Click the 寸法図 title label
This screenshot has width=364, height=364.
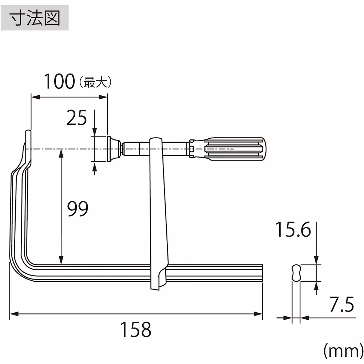(x=35, y=17)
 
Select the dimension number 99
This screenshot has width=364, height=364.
(x=78, y=209)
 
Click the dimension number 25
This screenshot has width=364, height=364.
(x=77, y=118)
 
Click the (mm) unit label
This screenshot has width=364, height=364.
(x=341, y=351)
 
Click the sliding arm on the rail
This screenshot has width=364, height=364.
(x=159, y=215)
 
